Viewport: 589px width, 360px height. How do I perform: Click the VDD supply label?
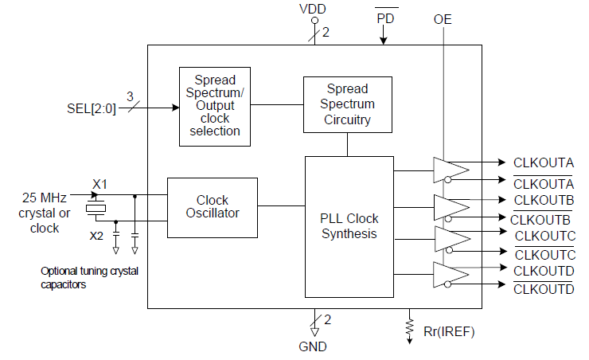click(312, 11)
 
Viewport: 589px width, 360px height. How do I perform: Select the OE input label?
click(443, 18)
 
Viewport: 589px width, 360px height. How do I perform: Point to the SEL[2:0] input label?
click(92, 108)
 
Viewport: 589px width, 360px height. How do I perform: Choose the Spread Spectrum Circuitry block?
click(348, 104)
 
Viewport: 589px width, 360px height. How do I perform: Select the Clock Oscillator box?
click(213, 206)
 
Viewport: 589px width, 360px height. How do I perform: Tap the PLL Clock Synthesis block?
click(349, 226)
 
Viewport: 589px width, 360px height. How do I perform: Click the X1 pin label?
click(99, 184)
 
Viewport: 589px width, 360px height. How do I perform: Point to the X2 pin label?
click(96, 235)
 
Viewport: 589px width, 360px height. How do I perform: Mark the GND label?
click(313, 346)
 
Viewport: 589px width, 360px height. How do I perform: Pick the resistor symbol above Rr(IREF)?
click(410, 325)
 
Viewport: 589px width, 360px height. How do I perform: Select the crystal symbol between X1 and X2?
click(96, 209)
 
